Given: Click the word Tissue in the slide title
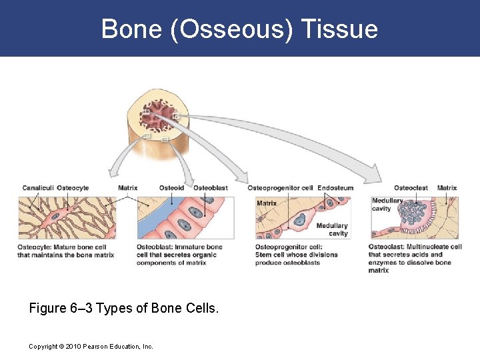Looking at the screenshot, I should [339, 29].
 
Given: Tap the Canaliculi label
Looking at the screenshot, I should [37, 188].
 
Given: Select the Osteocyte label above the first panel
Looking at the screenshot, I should [73, 188].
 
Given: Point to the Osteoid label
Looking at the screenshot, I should [171, 188].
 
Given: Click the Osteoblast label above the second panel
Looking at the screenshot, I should [211, 188].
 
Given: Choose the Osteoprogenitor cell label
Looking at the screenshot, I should [280, 188].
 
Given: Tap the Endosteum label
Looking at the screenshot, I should [335, 188].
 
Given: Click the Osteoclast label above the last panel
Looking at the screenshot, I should [411, 188].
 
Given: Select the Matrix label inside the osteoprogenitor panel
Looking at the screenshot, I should [267, 203].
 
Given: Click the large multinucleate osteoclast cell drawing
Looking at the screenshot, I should [417, 214].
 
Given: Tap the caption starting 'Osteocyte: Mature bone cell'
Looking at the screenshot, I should [65, 251].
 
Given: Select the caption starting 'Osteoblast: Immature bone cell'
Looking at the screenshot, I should [179, 255].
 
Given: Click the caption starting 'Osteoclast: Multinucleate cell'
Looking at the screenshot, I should [414, 259].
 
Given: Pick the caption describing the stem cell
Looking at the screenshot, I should [296, 255].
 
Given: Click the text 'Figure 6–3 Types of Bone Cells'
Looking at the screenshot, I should [123, 309].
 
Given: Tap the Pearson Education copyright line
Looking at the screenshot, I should [91, 347].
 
